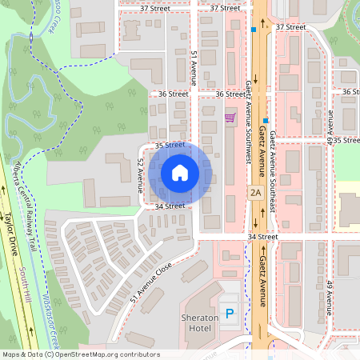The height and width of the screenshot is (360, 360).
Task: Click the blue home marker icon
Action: (179, 172)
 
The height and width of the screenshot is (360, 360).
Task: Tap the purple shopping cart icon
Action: (230, 118)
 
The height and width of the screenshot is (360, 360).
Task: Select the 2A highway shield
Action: (256, 192)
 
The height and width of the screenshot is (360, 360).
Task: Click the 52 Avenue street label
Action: (140, 173)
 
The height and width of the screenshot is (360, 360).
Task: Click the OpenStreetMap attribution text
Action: (80, 354)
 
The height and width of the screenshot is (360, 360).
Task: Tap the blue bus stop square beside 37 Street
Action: (253, 30)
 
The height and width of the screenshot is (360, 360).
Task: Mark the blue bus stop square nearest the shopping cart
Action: (265, 120)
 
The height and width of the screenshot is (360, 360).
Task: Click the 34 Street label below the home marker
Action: (170, 206)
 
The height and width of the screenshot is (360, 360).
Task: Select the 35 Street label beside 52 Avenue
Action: (170, 145)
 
